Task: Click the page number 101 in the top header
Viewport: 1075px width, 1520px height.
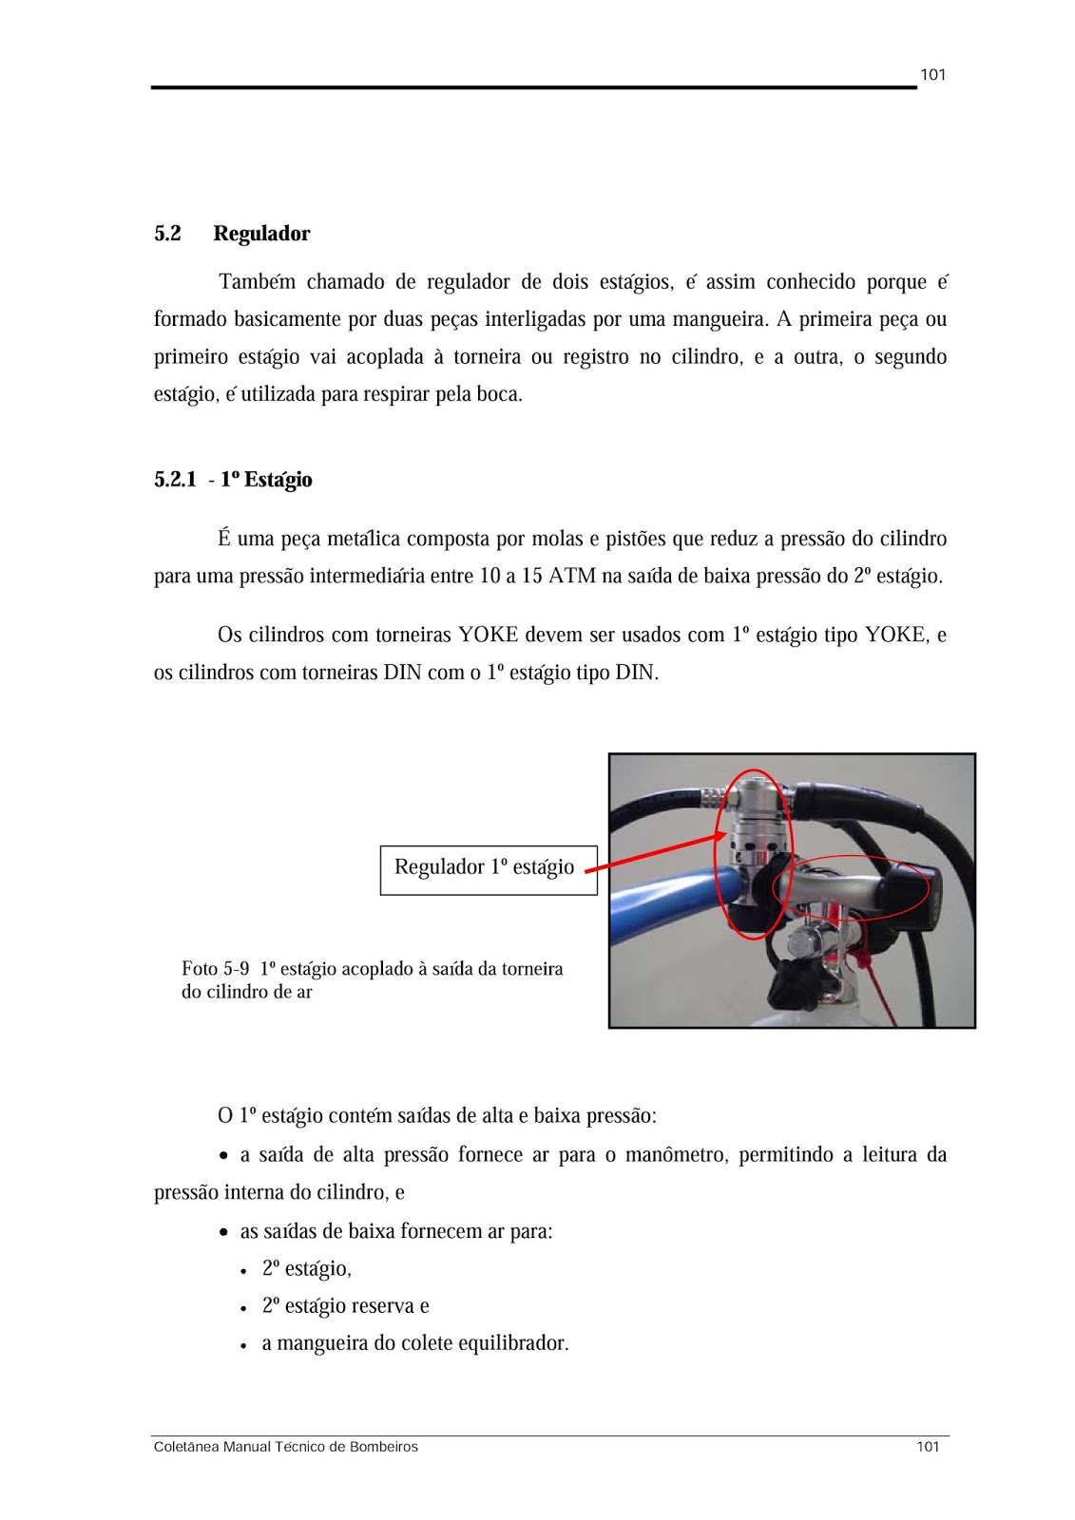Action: [x=932, y=75]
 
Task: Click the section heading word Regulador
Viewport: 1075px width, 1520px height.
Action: [x=261, y=234]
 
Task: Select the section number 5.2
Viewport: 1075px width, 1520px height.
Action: [x=167, y=234]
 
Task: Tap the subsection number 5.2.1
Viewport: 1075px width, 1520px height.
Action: [x=175, y=480]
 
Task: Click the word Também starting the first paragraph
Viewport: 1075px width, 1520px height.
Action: [x=257, y=282]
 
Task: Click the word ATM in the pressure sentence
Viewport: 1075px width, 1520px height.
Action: [x=572, y=577]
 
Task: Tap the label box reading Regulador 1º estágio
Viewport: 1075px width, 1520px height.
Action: [x=484, y=867]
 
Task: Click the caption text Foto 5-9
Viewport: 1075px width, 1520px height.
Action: [x=216, y=969]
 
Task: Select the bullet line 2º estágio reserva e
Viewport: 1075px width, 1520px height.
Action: [x=346, y=1306]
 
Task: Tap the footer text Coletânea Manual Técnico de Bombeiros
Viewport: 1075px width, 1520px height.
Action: [x=285, y=1447]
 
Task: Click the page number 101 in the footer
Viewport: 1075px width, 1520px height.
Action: [x=928, y=1447]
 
